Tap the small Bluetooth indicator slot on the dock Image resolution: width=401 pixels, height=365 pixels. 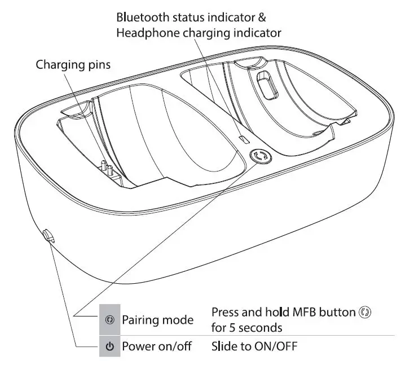coord(244,138)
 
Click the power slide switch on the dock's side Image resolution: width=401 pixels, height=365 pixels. coord(47,235)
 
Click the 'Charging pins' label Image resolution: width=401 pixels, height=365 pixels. coord(73,64)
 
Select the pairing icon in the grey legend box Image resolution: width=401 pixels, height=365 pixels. coord(110,320)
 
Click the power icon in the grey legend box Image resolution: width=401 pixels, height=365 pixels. coord(110,345)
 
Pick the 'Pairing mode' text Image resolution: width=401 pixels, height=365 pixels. coord(158,320)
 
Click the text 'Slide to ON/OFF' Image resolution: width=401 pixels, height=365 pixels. coord(254,345)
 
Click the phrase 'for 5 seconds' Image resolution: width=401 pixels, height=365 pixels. coord(246,327)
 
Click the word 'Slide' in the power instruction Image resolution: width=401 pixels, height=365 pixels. coord(224,345)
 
